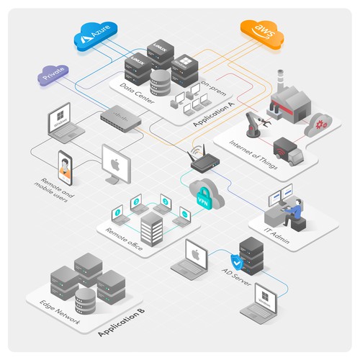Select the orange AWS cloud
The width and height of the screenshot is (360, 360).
click(x=260, y=31)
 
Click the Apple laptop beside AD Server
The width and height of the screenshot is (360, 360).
click(x=193, y=259)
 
